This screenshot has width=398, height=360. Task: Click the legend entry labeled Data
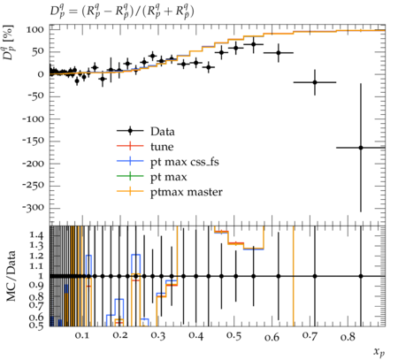pos(146,131)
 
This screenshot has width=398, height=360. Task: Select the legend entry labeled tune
pos(145,147)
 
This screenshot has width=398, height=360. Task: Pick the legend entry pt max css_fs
pos(168,162)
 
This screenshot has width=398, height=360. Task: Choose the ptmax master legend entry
pos(170,192)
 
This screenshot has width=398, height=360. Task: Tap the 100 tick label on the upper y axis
pos(35,29)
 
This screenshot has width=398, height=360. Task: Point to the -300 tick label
pos(33,208)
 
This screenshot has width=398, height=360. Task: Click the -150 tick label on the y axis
pos(33,141)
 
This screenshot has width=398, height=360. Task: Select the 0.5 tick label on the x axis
pos(234,336)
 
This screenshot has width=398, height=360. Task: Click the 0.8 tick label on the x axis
pos(348,336)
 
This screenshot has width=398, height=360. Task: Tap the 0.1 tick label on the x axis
pos(82,335)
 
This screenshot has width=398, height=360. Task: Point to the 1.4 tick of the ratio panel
pos(37,235)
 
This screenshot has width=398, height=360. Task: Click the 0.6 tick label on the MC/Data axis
pos(37,318)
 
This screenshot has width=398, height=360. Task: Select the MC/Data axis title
pos(11,276)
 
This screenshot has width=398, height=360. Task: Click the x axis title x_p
pos(379,352)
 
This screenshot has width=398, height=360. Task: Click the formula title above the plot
pos(122,11)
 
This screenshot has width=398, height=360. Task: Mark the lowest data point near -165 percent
pos(361,148)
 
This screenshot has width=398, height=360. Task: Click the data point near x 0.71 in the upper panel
pos(315,82)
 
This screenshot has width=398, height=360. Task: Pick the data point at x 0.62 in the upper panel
pos(279,53)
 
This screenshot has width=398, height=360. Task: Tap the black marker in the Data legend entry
pos(130,131)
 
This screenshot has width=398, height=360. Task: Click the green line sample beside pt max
pos(130,176)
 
